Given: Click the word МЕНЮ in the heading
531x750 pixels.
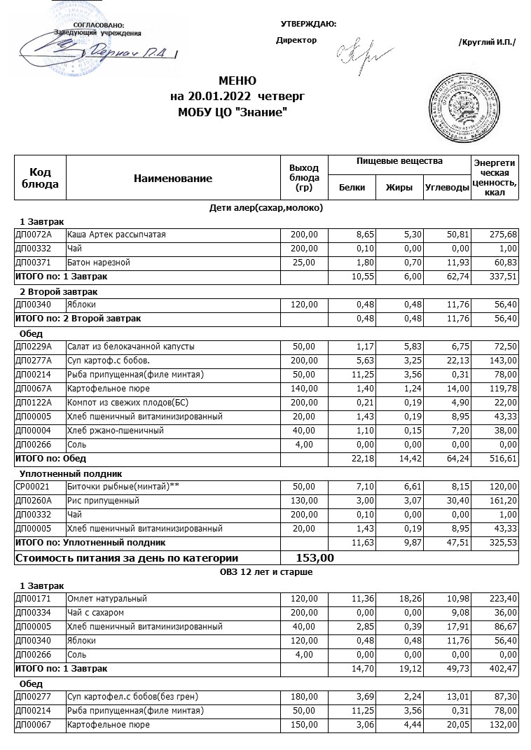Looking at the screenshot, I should pos(237,81).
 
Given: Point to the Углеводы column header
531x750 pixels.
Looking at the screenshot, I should pos(446,187).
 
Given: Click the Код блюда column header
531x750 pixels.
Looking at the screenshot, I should pos(40,178).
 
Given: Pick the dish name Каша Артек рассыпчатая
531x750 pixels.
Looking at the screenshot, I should pos(116,235).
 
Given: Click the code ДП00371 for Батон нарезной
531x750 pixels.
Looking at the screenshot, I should pos(34,263).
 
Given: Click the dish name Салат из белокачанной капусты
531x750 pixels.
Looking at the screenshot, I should pos(131,347).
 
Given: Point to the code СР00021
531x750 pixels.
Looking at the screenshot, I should pos(34,487).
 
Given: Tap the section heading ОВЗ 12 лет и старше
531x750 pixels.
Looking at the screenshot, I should pos(265,572).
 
